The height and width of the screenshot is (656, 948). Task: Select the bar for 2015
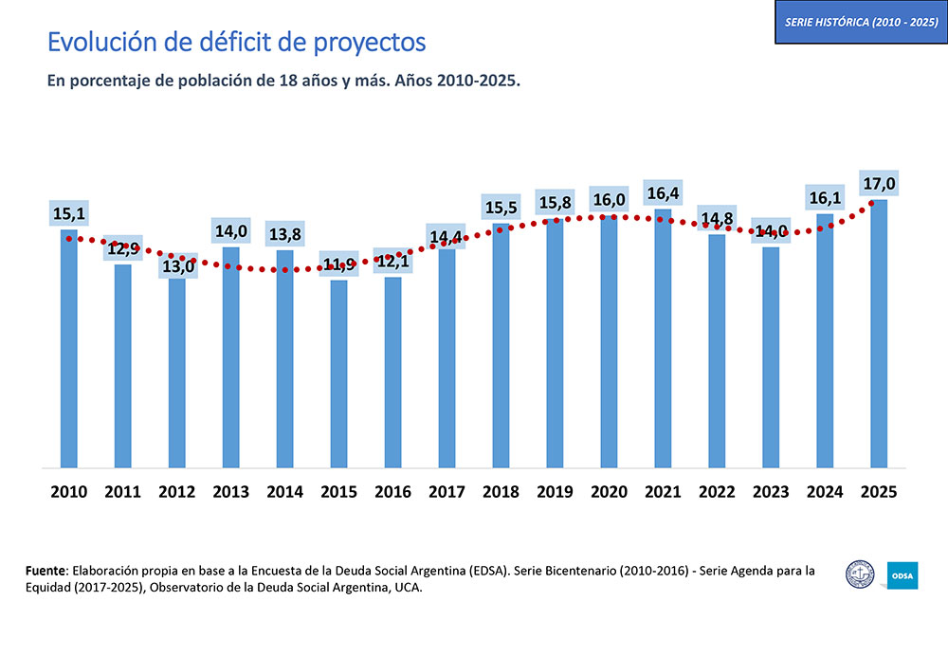click(338, 374)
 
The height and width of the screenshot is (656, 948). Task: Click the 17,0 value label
click(879, 183)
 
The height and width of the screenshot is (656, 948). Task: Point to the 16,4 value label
click(663, 193)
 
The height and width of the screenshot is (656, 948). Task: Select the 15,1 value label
click(68, 214)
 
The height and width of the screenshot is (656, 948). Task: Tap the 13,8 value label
click(284, 234)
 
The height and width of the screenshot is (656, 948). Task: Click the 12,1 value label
click(392, 261)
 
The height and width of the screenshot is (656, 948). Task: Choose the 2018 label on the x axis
click(501, 492)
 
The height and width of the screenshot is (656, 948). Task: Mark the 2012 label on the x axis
click(176, 492)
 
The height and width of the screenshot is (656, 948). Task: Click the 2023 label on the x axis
click(771, 492)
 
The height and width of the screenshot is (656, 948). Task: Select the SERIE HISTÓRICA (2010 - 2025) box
click(861, 22)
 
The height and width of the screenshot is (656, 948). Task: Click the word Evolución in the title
click(93, 43)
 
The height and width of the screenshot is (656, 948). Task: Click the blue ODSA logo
click(902, 574)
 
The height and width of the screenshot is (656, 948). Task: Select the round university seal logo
click(861, 574)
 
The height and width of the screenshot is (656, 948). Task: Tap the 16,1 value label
click(825, 198)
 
